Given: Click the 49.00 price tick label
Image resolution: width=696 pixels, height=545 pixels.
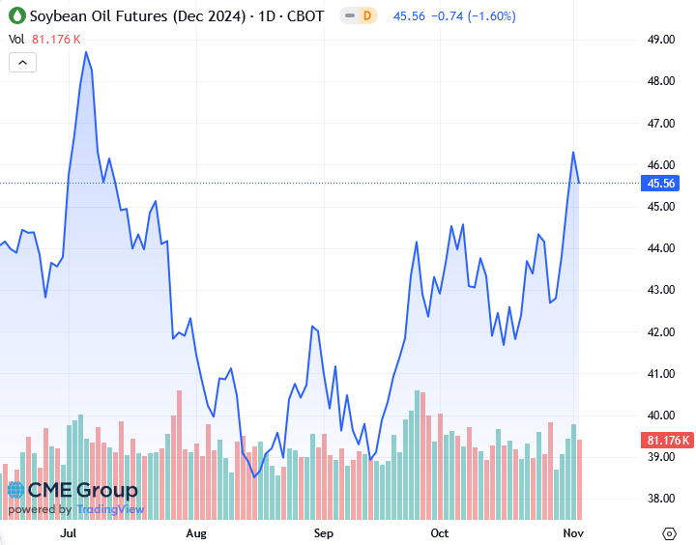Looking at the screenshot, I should click(661, 40).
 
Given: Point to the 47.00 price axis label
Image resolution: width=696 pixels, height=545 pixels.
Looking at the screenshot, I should click(661, 124).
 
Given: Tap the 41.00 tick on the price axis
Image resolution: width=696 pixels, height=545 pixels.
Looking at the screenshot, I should click(661, 374).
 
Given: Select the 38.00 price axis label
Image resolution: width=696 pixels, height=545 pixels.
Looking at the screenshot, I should click(661, 499).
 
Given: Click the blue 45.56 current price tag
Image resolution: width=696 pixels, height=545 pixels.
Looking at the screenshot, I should click(661, 183).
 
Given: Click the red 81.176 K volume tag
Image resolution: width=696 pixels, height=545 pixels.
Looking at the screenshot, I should click(667, 441).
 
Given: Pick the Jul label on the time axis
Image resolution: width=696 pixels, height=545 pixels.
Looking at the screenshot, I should click(69, 532).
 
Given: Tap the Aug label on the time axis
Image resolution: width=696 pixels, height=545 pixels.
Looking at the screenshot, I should click(196, 532).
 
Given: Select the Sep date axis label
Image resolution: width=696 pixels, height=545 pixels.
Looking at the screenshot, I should click(323, 532).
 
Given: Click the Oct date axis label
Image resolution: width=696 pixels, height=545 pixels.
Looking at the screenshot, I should click(440, 532).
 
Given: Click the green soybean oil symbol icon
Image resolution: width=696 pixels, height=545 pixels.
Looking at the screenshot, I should click(15, 16).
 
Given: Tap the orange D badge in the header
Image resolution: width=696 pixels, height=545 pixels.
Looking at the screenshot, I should click(366, 16).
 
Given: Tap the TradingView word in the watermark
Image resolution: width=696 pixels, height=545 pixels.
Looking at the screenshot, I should click(110, 509).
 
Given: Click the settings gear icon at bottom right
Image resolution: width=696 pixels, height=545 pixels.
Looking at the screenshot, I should click(669, 532).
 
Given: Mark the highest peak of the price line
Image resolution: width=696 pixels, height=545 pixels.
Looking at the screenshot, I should click(86, 52).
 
